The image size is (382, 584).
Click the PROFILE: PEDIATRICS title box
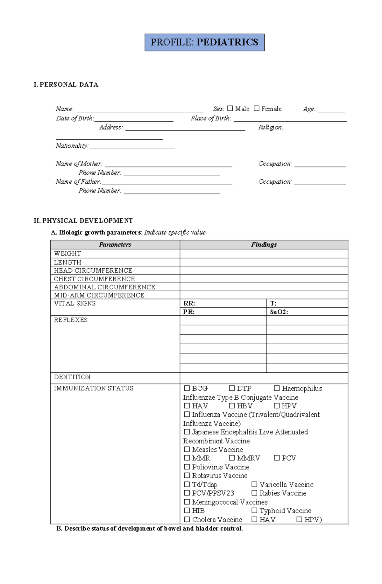point(204,42)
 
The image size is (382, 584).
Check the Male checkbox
point(230,109)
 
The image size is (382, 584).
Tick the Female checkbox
point(257,109)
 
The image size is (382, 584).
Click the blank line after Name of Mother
point(168,164)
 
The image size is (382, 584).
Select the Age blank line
point(331,110)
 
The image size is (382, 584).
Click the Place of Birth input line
point(290,119)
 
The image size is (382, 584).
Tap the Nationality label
point(72,146)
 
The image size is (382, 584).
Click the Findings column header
point(264,244)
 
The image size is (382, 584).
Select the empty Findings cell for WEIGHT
point(264,253)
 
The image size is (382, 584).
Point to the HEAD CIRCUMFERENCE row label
point(93,271)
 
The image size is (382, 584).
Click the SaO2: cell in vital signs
point(307,312)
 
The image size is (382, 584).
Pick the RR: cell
point(223,303)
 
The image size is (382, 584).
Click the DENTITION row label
point(72,377)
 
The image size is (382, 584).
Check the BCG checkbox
point(187,388)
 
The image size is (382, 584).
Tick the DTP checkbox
point(232,388)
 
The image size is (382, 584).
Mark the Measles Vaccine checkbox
point(187,449)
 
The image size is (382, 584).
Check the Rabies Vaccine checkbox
point(254,493)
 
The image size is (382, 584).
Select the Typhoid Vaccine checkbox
point(254,510)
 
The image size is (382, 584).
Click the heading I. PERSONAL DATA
point(66,85)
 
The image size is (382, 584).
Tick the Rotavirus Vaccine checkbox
point(187,475)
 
